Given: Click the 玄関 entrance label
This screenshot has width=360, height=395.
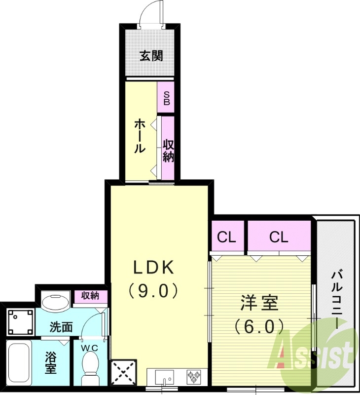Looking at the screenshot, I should pos(150,56).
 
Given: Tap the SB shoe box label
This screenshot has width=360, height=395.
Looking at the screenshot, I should pos(167,98).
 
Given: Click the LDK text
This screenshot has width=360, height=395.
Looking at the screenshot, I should pos(153,267).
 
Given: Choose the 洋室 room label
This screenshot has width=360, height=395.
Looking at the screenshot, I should pos(259,303).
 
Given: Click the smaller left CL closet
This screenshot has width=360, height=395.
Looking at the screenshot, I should pos(226,237).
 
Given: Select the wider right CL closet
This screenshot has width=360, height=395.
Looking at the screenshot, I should pos(279,237).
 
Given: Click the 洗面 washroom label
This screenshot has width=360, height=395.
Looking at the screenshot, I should pos(62,326).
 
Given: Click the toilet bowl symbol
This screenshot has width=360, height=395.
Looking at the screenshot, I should pos(90,368).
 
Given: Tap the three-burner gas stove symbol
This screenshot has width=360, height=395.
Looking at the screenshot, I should pos(193,377).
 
